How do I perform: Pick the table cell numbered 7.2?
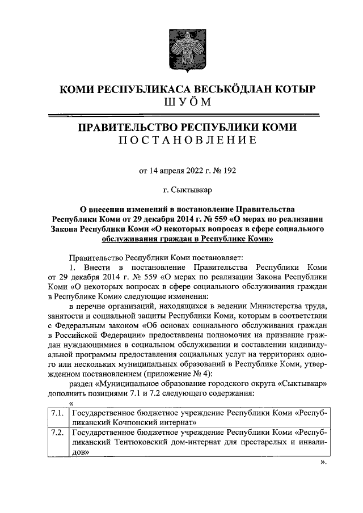click(x=56, y=434)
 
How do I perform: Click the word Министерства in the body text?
click(x=269, y=309)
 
